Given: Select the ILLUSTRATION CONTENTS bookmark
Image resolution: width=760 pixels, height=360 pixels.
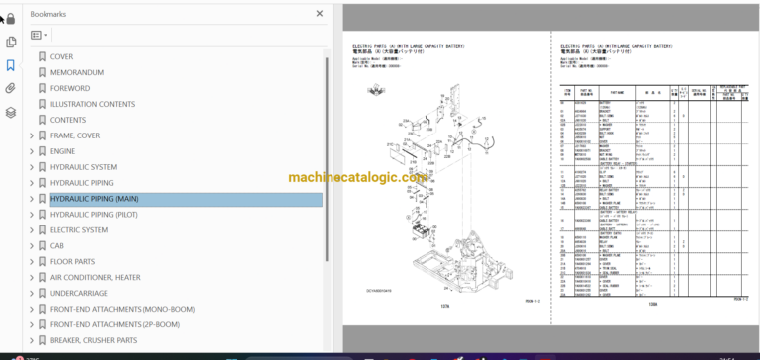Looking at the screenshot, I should click(x=92, y=104).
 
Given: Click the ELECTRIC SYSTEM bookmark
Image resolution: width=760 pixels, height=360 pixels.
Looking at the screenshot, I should click(x=79, y=230).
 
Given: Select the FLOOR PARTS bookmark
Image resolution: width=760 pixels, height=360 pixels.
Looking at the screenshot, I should click(x=72, y=262).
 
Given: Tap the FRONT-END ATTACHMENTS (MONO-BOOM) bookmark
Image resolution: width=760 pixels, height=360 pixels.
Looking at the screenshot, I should click(x=123, y=310).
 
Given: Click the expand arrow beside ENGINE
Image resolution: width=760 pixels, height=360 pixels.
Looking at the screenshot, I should click(x=32, y=151).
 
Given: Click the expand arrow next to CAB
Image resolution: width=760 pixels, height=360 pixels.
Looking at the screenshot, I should click(x=32, y=246).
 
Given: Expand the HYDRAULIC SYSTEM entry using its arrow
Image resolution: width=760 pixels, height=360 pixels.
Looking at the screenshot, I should click(x=32, y=167).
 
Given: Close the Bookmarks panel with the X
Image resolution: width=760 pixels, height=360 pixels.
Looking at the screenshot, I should click(x=319, y=14).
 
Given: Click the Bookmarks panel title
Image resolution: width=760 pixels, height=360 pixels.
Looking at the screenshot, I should click(x=49, y=15).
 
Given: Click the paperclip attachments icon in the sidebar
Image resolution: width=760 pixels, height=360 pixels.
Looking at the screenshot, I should click(x=11, y=89).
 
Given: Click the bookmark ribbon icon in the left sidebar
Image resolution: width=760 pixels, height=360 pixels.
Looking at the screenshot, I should click(x=11, y=65).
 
